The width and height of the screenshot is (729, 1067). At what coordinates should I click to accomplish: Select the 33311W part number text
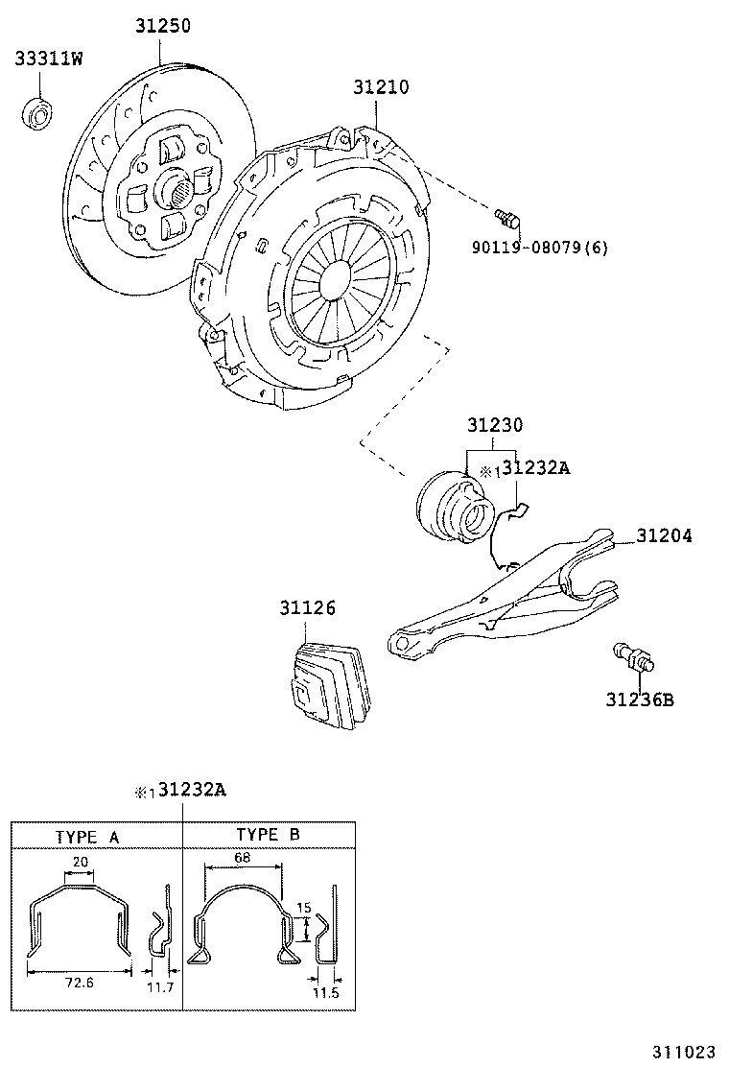coord(48,59)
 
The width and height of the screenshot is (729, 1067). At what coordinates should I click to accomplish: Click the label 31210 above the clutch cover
coord(380,87)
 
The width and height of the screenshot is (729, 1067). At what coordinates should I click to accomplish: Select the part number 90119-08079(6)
coord(539,248)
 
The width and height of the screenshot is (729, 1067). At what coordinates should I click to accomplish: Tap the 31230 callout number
coord(495,424)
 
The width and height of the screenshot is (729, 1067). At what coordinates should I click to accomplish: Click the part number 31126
coord(308,607)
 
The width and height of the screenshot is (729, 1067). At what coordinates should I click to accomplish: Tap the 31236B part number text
coord(639,699)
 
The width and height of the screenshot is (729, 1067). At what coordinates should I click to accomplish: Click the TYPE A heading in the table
coord(87,836)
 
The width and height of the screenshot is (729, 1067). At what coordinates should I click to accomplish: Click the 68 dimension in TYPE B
coord(244,857)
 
